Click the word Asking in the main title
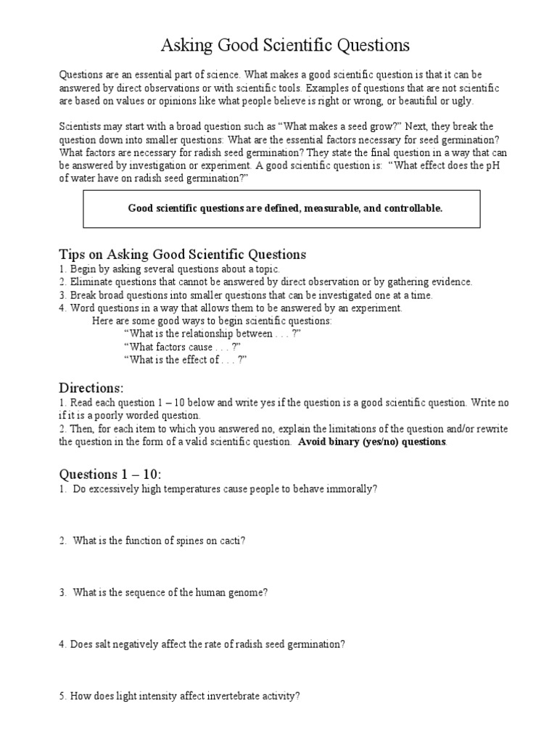coord(185,46)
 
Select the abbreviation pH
coord(491,165)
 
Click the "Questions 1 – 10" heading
coord(110,475)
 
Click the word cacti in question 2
coord(232,541)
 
